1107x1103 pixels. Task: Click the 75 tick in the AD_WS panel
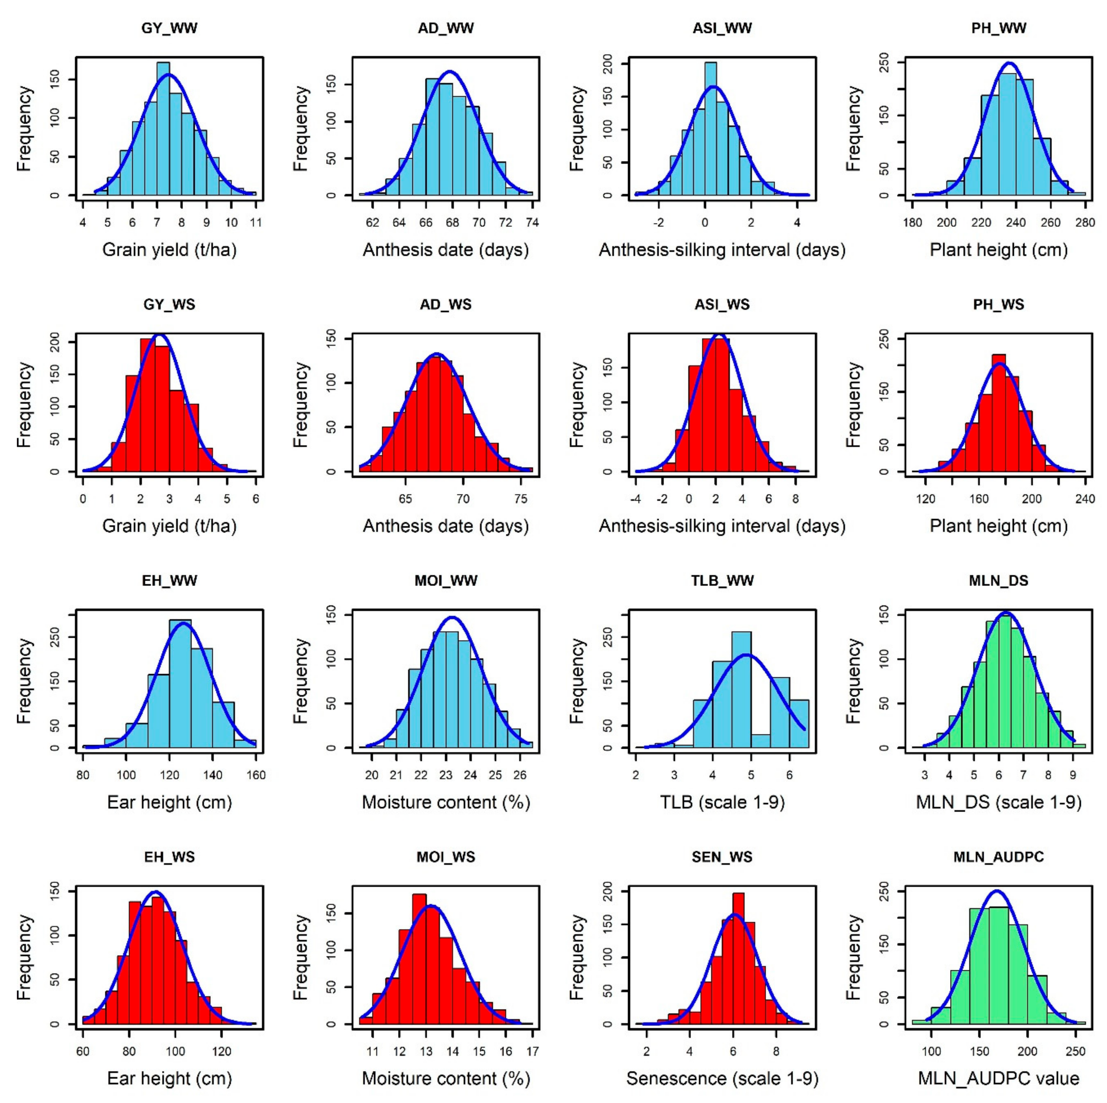pyautogui.click(x=520, y=499)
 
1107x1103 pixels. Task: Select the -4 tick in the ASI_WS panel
pyautogui.click(x=636, y=499)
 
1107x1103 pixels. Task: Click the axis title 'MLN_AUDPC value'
pyautogui.click(x=998, y=1078)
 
